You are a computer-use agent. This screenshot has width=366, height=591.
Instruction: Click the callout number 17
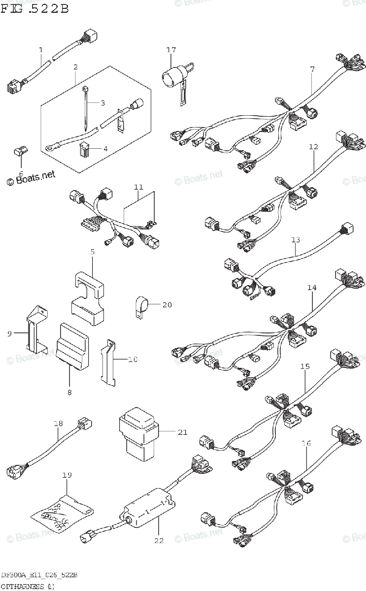(171, 50)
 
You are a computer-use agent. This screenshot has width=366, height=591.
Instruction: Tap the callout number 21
(182, 432)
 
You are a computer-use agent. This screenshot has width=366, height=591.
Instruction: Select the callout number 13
(296, 240)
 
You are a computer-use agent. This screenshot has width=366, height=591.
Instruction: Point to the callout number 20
(167, 305)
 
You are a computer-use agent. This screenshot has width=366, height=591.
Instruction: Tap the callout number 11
(138, 187)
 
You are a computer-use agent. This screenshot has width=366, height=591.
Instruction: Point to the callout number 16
(306, 444)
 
